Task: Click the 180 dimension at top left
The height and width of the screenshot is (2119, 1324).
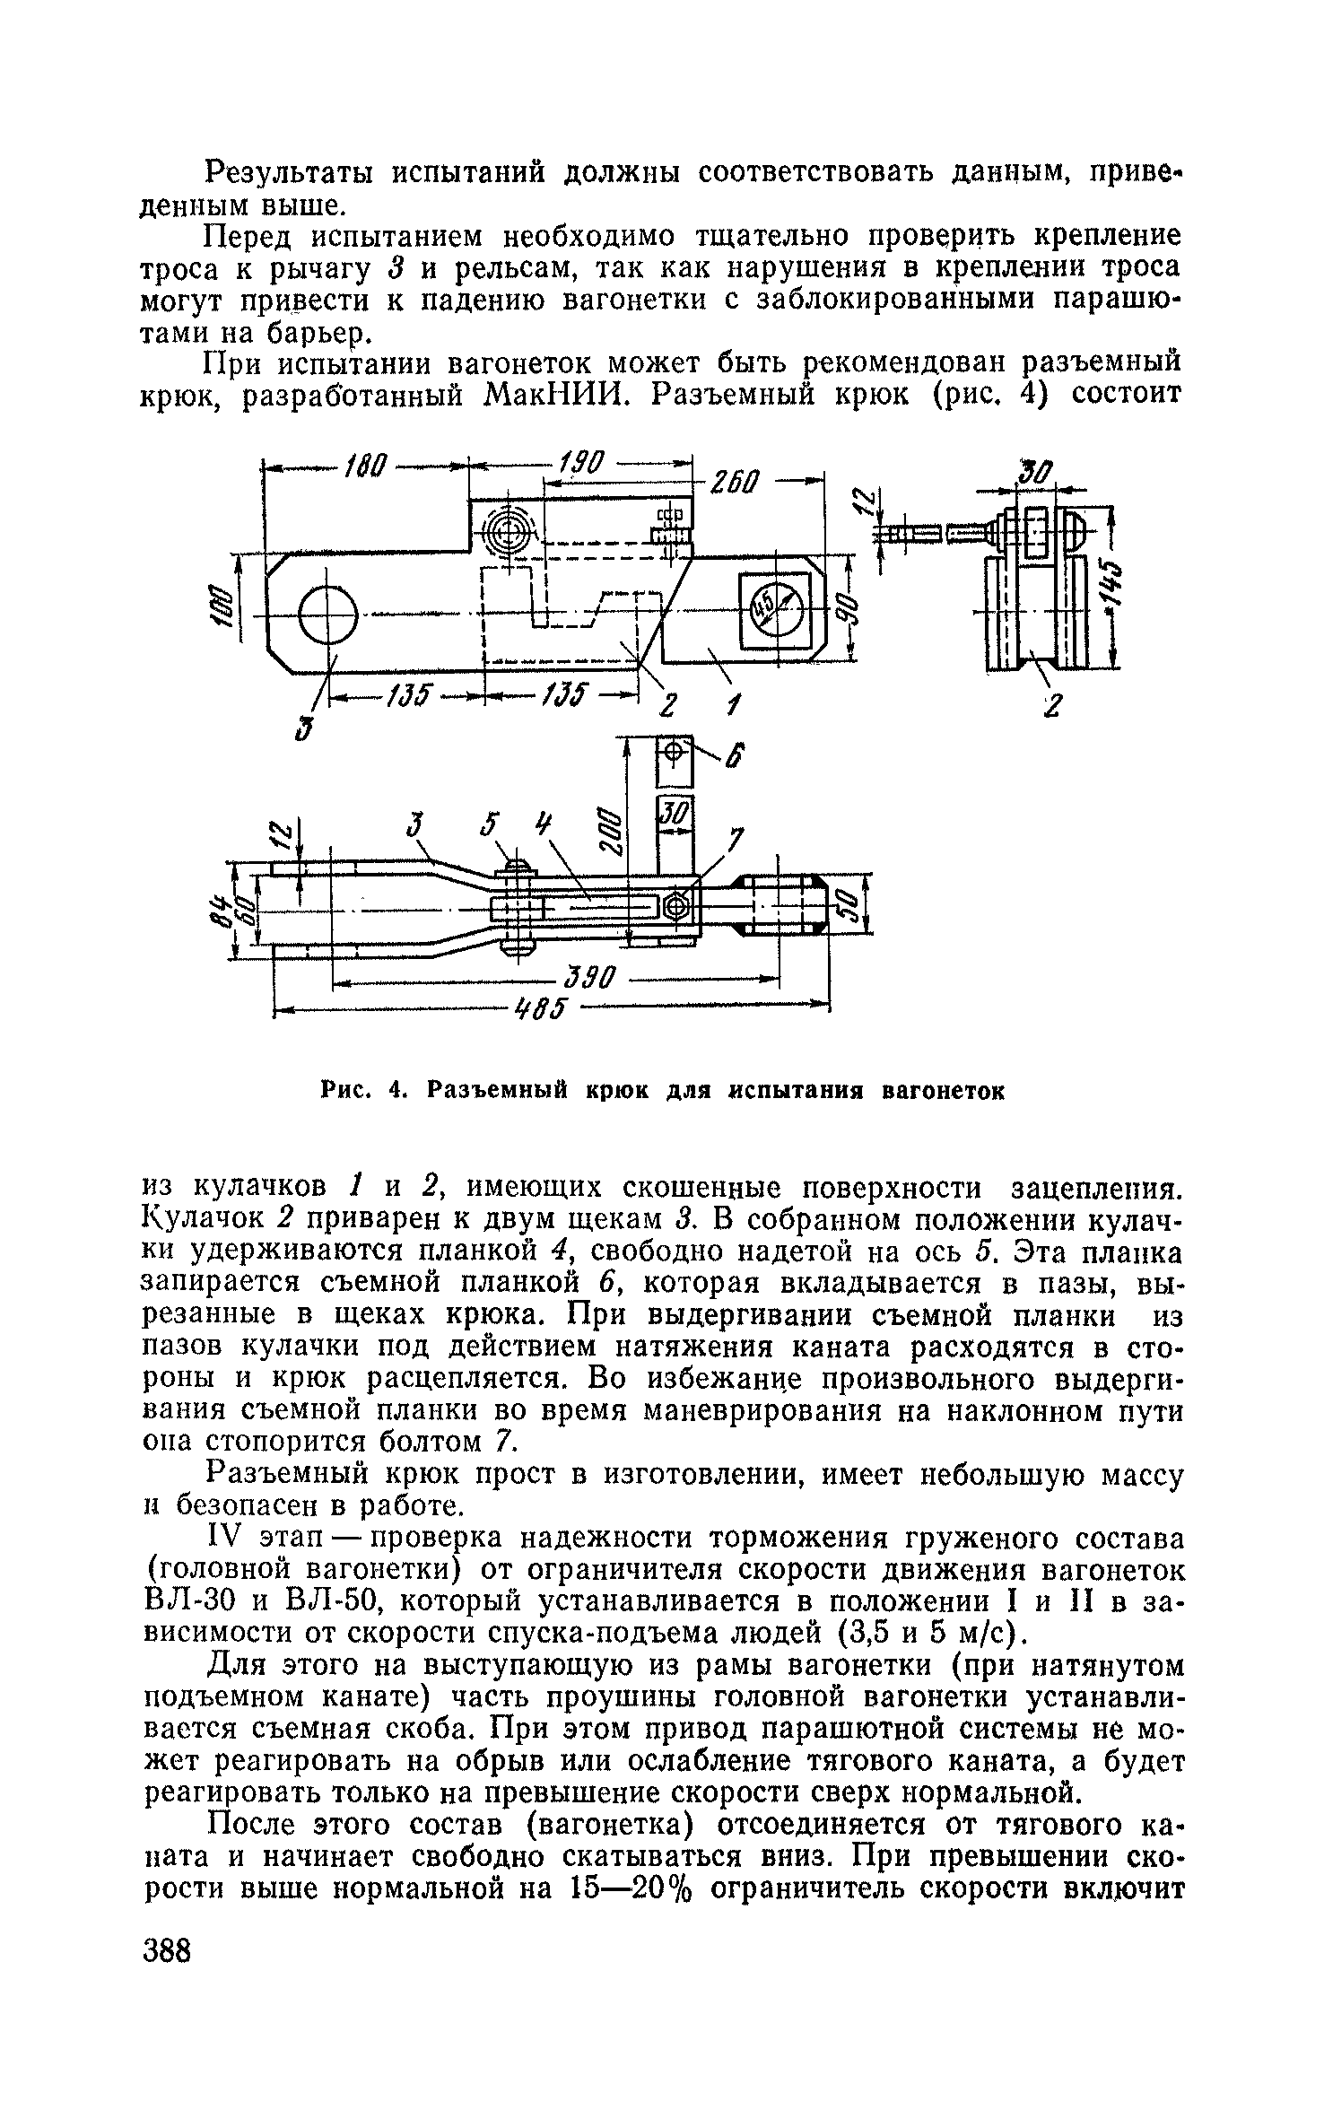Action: pyautogui.click(x=366, y=467)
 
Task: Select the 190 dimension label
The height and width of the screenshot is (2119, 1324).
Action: pyautogui.click(x=583, y=464)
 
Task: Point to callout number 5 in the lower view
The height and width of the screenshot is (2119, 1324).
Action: pyautogui.click(x=488, y=827)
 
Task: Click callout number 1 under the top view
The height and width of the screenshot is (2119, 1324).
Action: pyautogui.click(x=734, y=706)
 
